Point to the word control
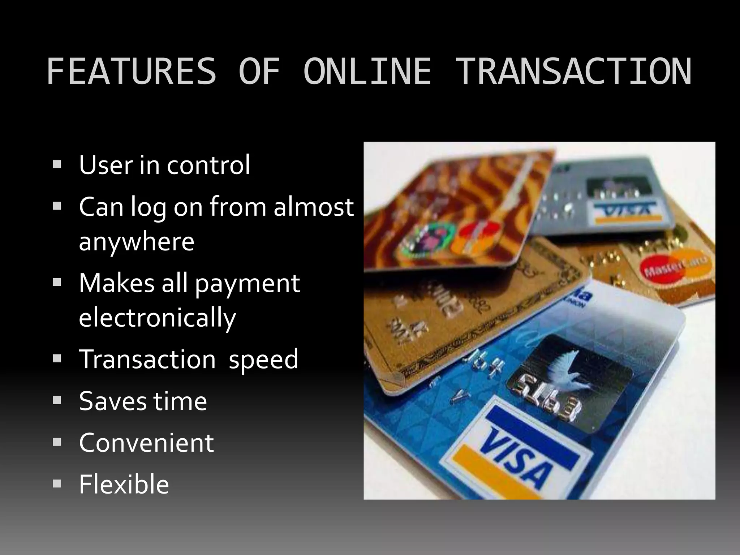pos(208,165)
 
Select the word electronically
pos(157,318)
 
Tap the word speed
pos(263,359)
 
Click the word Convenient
pos(146,443)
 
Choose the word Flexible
pos(124,484)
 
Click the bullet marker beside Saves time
pos(57,400)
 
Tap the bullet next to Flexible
pos(57,483)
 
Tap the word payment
pos(248,283)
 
